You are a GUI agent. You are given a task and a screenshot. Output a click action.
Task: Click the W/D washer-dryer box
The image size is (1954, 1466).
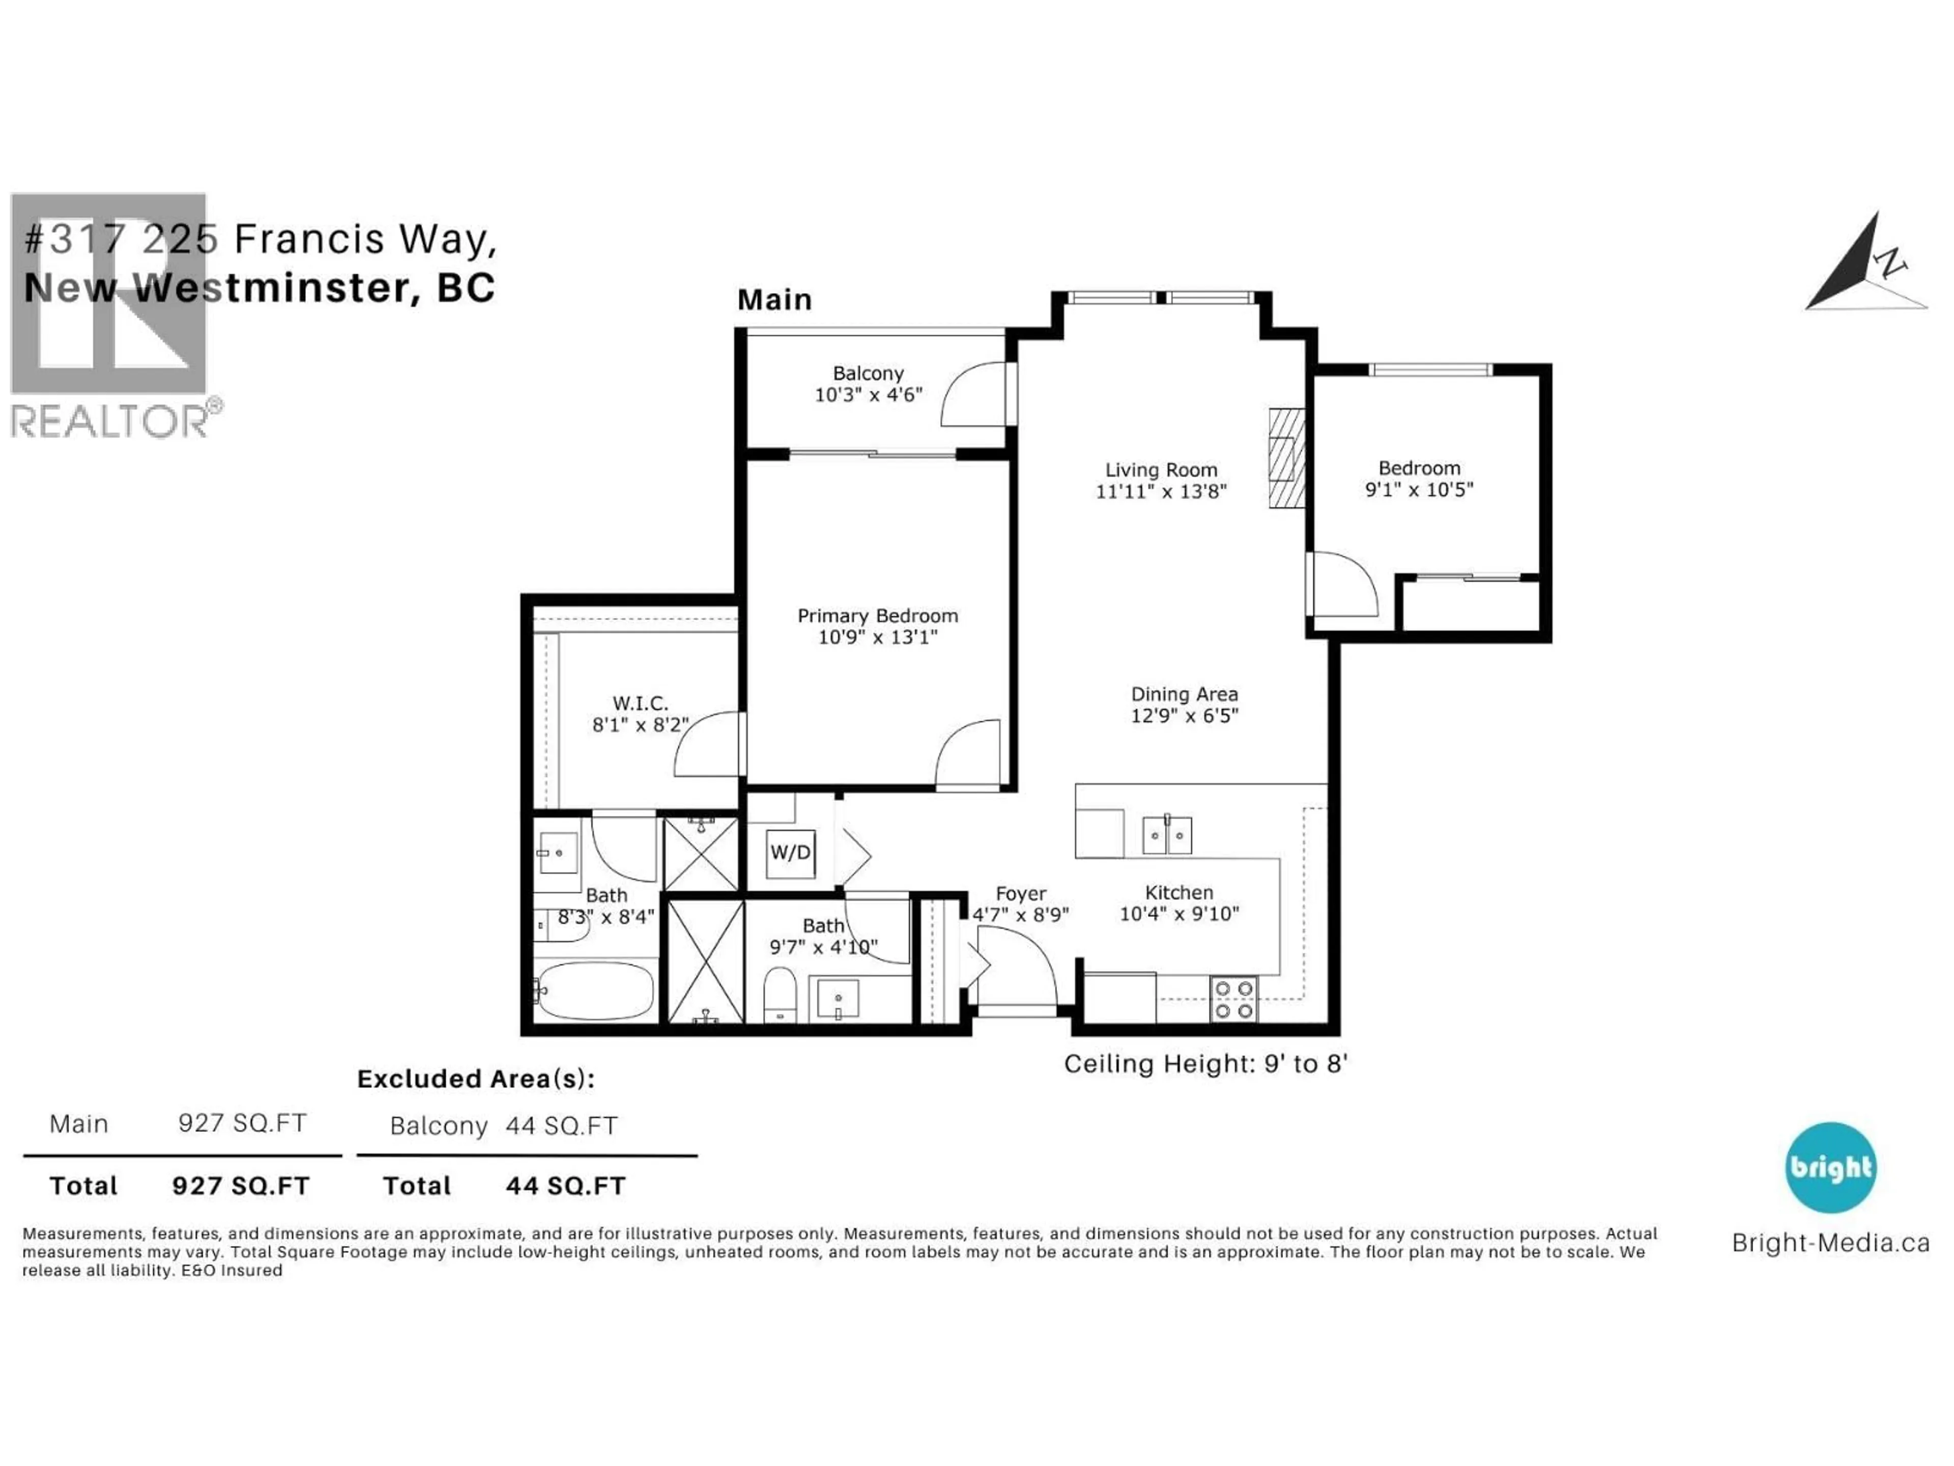click(790, 853)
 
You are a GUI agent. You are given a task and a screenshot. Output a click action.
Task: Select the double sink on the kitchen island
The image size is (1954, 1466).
click(1167, 835)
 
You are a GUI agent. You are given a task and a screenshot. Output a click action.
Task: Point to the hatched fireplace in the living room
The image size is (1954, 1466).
click(1287, 458)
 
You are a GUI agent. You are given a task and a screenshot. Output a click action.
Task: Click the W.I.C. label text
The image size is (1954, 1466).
click(641, 703)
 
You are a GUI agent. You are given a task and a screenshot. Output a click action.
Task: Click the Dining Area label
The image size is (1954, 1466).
click(1184, 694)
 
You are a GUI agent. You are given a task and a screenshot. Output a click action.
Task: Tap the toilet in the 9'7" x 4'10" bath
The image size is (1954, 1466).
click(780, 994)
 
